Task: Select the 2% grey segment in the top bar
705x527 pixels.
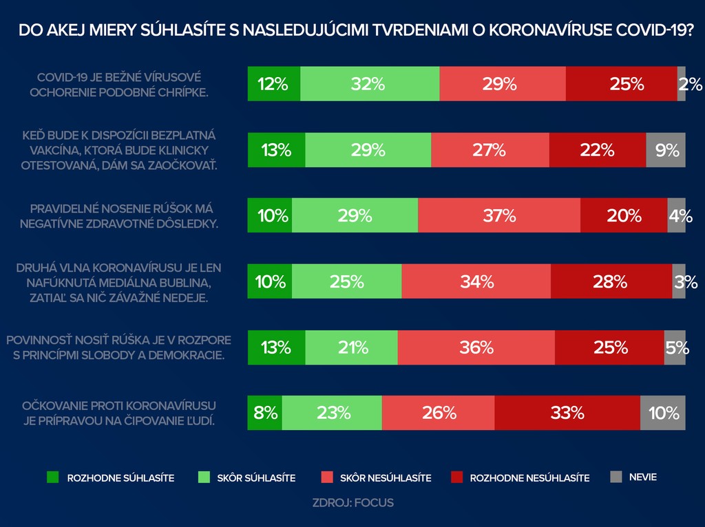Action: tap(682, 84)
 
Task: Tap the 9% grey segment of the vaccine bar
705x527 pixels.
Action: tap(666, 149)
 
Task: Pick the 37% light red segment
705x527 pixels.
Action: tap(499, 215)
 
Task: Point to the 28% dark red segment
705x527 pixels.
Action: tap(611, 281)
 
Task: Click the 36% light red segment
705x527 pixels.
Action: tap(476, 347)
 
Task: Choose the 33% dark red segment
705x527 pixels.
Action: tap(567, 413)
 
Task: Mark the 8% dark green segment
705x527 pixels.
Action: tap(265, 413)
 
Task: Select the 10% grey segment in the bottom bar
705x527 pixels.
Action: tap(663, 413)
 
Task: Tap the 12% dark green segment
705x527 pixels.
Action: tap(274, 84)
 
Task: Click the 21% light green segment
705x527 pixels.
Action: tap(351, 347)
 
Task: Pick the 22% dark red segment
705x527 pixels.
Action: tap(598, 149)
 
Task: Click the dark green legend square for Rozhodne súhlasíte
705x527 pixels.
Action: tap(52, 476)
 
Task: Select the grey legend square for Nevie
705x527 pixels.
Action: tap(616, 476)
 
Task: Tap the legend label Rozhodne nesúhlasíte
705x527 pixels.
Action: tap(529, 477)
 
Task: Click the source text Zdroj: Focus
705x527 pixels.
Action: tap(352, 502)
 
